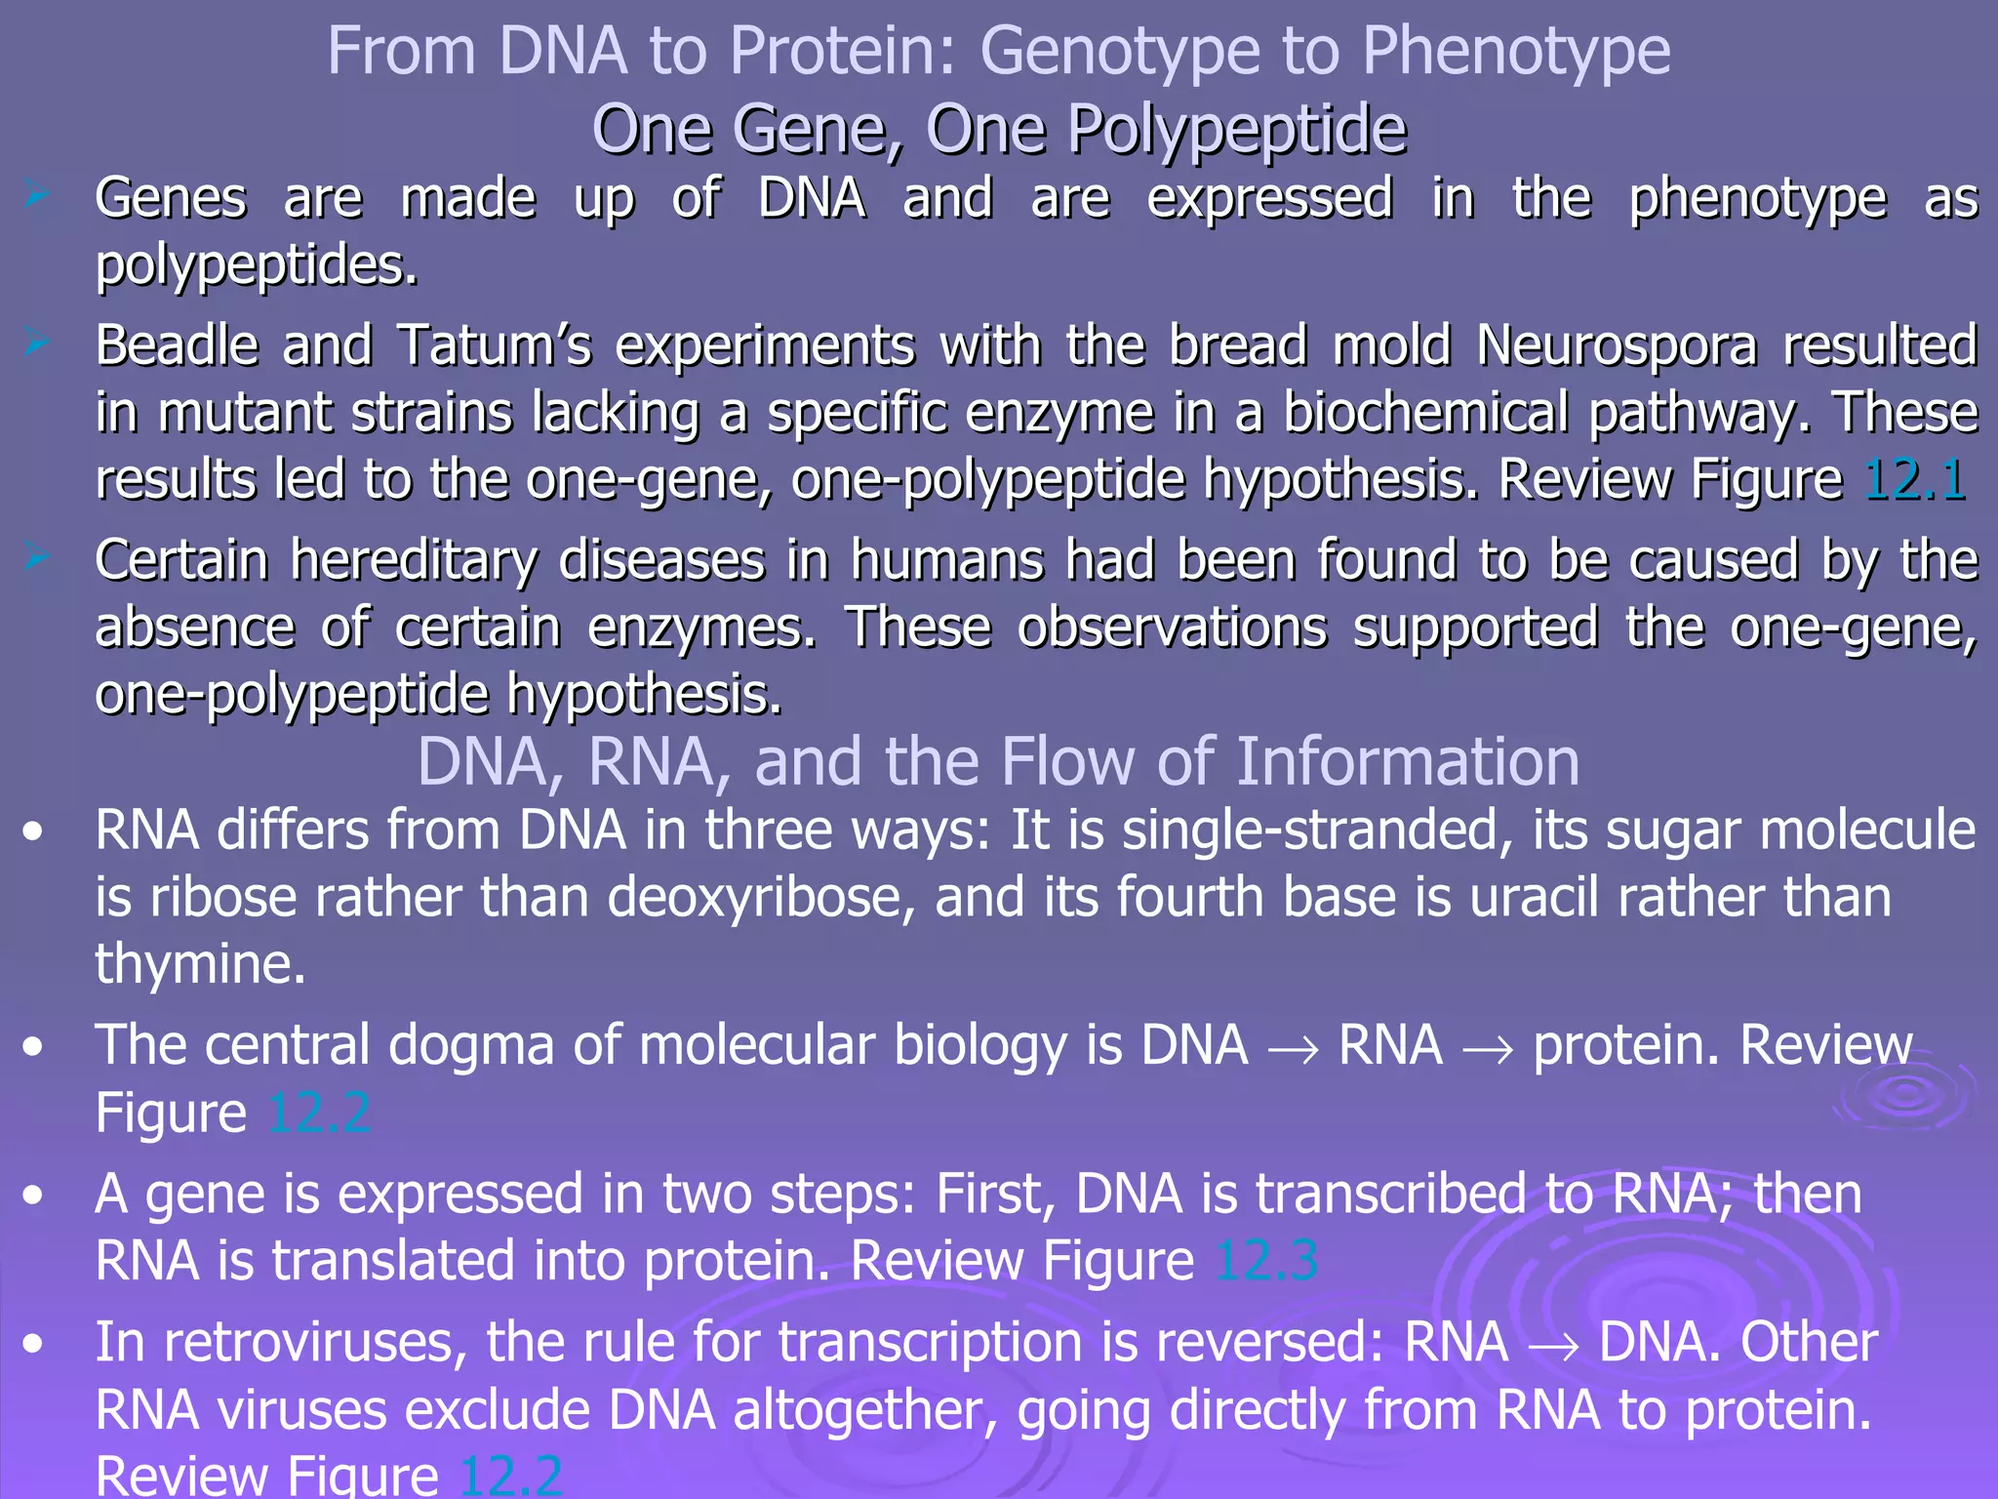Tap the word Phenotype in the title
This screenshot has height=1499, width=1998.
(x=1516, y=51)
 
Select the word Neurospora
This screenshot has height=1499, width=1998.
(x=1616, y=345)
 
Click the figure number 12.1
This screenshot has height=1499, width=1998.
(x=1915, y=479)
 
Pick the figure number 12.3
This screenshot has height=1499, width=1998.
(x=1266, y=1260)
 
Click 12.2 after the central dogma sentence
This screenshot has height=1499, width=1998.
(x=319, y=1113)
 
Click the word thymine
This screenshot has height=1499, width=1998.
(x=201, y=964)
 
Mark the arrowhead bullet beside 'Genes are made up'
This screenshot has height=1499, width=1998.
(x=37, y=196)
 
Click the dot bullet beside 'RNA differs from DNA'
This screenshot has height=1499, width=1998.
(x=34, y=832)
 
